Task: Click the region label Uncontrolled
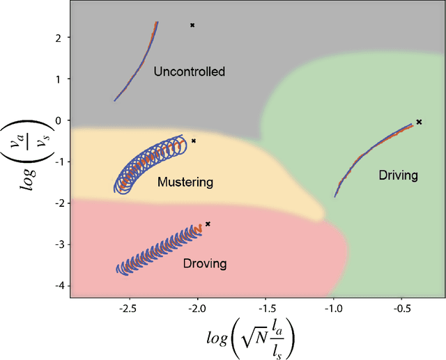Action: coord(190,72)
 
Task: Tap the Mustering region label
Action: coord(185,182)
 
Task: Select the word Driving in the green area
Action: coord(398,175)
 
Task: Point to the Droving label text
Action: coord(204,263)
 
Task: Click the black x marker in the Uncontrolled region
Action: coord(192,25)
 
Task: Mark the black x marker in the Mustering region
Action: coord(193,141)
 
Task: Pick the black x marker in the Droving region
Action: coord(208,224)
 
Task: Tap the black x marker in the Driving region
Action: coord(419,122)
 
